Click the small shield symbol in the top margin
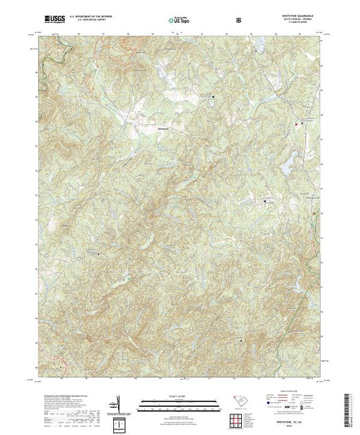tap(238, 21)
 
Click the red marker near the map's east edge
tap(299, 124)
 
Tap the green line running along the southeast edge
tap(304, 345)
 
